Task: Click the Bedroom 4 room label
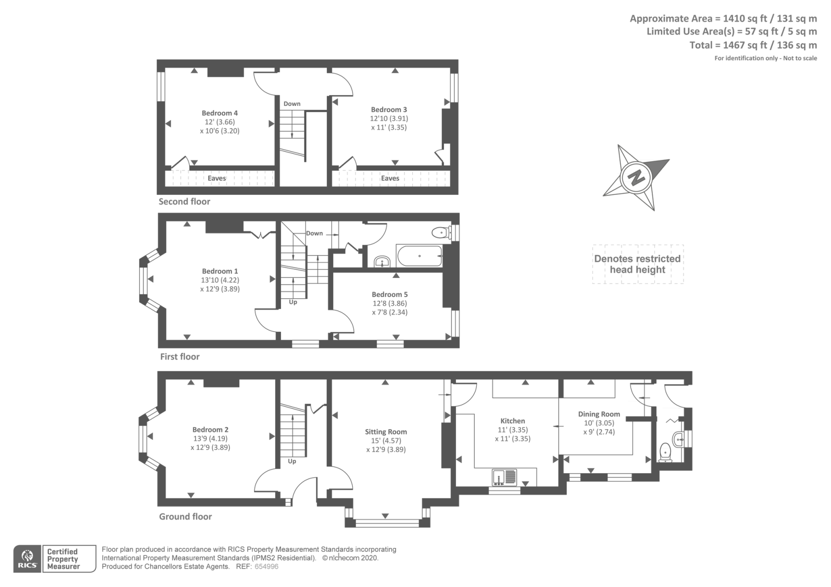click(x=220, y=113)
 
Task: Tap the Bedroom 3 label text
click(x=389, y=110)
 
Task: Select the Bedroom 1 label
click(x=220, y=271)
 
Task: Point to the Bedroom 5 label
click(x=390, y=295)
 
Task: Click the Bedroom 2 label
click(x=210, y=430)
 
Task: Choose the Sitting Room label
click(x=386, y=432)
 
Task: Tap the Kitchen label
click(x=513, y=421)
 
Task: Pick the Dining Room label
click(x=599, y=414)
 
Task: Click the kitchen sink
click(x=504, y=477)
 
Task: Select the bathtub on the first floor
click(x=419, y=256)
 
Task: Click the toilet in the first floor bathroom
click(x=441, y=233)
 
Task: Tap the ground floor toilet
click(x=666, y=452)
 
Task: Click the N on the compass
click(x=637, y=177)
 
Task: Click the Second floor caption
click(x=184, y=202)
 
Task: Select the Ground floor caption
click(x=185, y=516)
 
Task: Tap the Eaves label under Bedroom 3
click(x=390, y=179)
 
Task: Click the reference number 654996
click(x=266, y=567)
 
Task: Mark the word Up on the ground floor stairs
click(x=292, y=461)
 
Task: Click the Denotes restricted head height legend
click(x=638, y=264)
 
